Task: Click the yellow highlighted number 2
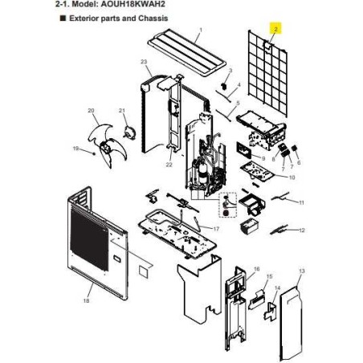(x=275, y=28)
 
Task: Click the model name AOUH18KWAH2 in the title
(x=133, y=4)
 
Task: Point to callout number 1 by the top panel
(x=201, y=30)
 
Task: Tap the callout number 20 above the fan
(x=91, y=111)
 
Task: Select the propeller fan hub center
(x=104, y=147)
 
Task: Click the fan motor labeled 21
(x=129, y=133)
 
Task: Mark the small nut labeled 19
(x=93, y=153)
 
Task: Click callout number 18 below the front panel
(x=86, y=300)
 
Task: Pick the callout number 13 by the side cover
(x=302, y=271)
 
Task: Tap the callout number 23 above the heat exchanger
(x=144, y=62)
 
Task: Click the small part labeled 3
(x=224, y=86)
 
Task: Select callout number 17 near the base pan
(x=216, y=229)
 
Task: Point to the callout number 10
(x=292, y=177)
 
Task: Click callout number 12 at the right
(x=302, y=230)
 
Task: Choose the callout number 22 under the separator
(x=169, y=165)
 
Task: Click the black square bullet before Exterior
(x=63, y=18)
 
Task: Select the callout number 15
(x=270, y=276)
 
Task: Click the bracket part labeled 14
(x=271, y=311)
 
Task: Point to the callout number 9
(x=263, y=158)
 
